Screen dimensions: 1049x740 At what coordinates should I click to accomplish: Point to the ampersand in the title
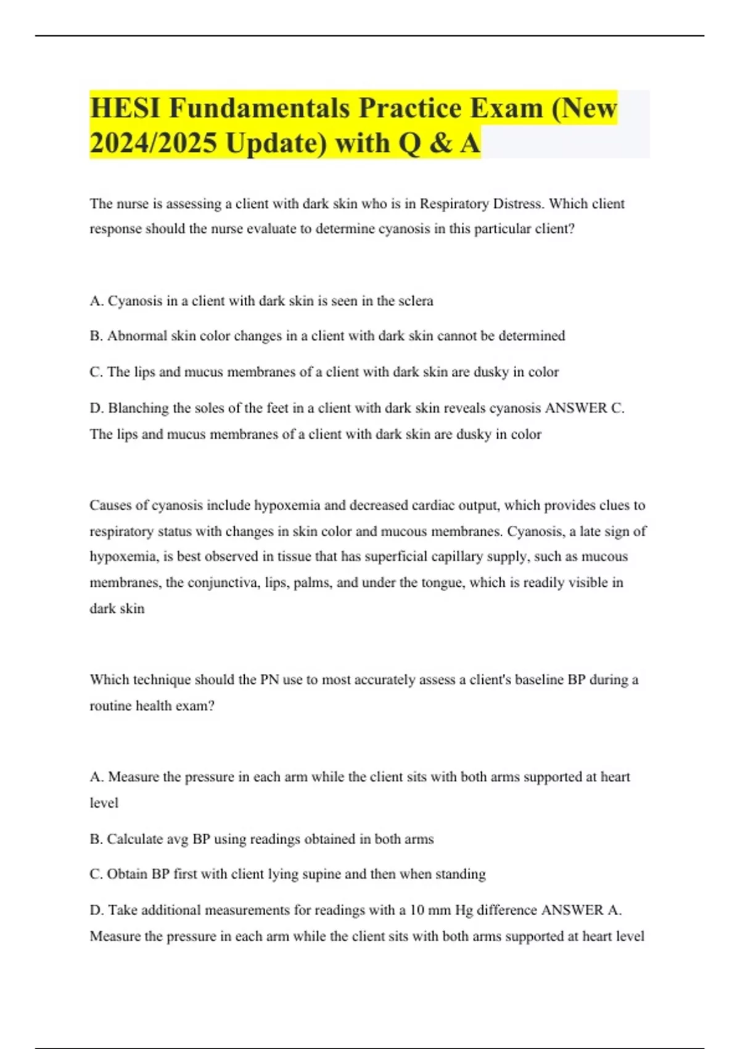(438, 143)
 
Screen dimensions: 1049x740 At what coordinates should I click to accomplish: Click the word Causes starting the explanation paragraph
(110, 505)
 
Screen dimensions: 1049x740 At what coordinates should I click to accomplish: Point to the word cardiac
(435, 505)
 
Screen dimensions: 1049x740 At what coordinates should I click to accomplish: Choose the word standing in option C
(460, 874)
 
